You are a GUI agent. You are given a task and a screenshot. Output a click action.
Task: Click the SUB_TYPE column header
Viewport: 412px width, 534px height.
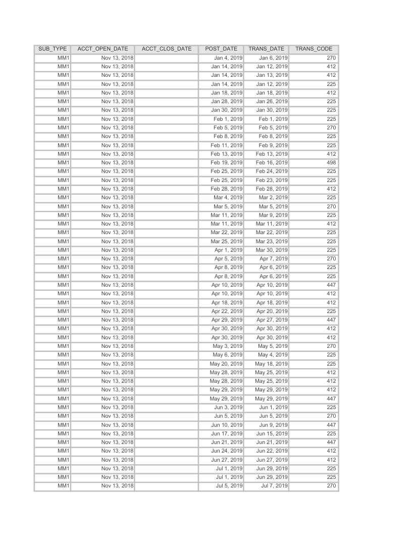(52, 49)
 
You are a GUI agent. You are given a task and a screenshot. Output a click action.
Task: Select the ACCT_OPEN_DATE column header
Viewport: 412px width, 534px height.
(102, 49)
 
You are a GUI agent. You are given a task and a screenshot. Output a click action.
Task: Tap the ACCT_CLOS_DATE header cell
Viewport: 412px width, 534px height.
(167, 49)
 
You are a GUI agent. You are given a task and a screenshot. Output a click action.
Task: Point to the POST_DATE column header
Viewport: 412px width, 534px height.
(221, 49)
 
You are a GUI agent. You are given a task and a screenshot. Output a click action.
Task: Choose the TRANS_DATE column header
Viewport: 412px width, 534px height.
(267, 49)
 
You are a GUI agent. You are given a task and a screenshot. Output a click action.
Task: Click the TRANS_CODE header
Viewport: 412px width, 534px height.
(314, 49)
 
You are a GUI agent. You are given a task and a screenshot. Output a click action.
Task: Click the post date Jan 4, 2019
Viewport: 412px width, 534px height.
(228, 58)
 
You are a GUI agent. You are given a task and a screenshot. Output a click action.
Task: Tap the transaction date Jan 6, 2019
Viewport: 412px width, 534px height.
(273, 58)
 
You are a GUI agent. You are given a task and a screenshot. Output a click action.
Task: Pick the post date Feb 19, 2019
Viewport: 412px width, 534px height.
(227, 162)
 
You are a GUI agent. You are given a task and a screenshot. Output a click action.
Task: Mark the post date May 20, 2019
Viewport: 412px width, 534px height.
(226, 364)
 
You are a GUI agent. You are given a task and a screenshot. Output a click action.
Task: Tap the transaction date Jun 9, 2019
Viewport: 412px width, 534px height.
(273, 424)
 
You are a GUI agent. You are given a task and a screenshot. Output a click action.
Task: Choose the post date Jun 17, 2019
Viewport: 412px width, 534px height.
(227, 433)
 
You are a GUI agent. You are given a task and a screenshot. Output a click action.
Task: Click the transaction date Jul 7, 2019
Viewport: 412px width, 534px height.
(274, 486)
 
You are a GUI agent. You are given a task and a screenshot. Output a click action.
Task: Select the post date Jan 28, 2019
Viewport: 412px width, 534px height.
(227, 101)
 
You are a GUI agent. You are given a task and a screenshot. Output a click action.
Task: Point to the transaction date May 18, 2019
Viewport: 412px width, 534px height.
(271, 364)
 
